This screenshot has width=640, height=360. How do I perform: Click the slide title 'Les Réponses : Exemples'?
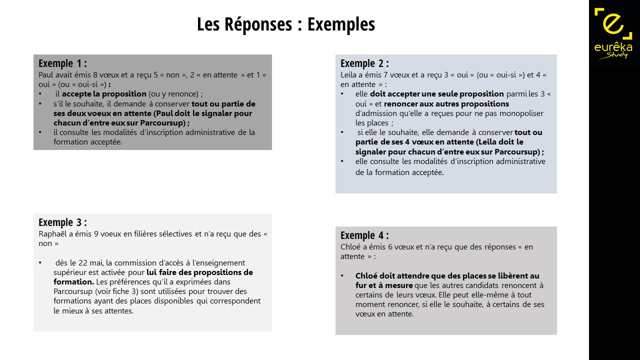[285, 24]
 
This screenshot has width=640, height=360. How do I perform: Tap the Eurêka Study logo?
[613, 33]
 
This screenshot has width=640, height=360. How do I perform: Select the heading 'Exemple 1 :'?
[62, 63]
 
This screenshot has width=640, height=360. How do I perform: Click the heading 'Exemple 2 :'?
[364, 63]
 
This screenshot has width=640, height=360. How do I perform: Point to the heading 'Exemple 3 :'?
[62, 222]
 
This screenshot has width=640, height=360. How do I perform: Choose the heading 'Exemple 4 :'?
[364, 235]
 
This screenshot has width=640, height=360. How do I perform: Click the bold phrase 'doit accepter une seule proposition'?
[436, 94]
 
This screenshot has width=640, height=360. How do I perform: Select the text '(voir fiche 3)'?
[118, 291]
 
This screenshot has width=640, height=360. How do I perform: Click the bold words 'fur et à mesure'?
[384, 285]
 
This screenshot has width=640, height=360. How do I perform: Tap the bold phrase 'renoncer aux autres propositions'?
[446, 104]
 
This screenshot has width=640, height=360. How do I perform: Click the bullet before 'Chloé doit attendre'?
[342, 276]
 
